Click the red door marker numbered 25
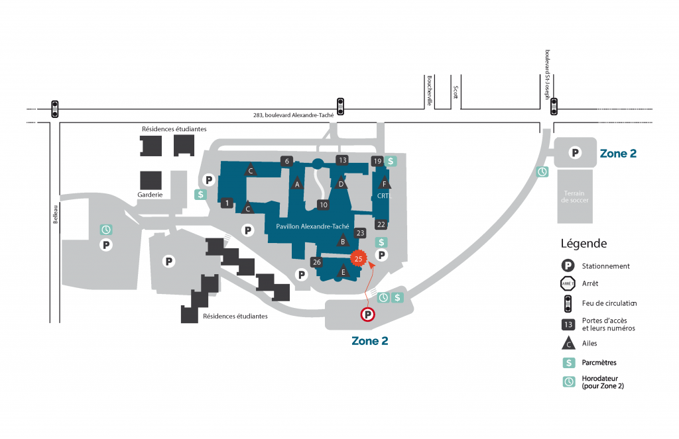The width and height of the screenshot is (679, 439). click(x=358, y=259)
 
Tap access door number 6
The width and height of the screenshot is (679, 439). click(x=286, y=161)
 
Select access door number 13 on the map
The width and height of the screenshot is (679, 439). click(x=343, y=160)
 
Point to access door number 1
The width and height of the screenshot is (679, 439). click(x=227, y=203)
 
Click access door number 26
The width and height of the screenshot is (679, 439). click(x=316, y=262)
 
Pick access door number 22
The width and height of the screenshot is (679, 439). click(x=381, y=224)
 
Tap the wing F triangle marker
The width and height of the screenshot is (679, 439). click(x=384, y=183)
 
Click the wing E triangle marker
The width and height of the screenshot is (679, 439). click(x=343, y=271)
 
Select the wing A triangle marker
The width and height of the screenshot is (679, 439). click(x=297, y=183)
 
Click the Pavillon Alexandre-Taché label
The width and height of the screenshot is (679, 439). click(x=312, y=226)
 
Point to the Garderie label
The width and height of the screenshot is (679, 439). click(x=150, y=195)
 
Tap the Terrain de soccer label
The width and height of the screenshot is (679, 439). click(x=575, y=197)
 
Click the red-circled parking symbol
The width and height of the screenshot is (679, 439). click(x=367, y=315)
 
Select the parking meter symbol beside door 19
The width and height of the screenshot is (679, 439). click(x=391, y=162)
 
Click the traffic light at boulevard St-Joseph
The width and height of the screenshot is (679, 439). click(x=554, y=107)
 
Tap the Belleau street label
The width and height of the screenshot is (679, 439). click(x=56, y=214)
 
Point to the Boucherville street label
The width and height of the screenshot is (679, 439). click(x=430, y=91)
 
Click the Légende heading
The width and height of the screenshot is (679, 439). click(x=584, y=244)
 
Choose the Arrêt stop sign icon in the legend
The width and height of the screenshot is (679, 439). click(x=568, y=284)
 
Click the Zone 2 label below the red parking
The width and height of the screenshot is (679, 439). click(x=370, y=341)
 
